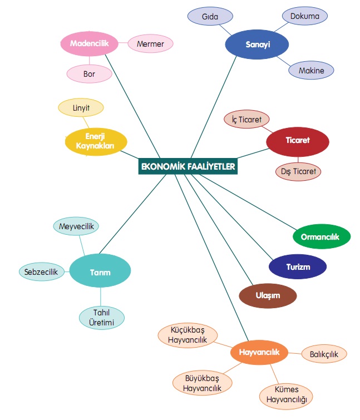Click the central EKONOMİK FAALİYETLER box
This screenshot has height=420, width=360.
coord(188,166)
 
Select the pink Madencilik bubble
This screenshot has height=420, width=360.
coord(89,43)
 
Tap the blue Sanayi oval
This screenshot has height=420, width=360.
coord(257,45)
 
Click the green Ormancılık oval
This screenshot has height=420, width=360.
coord(321,236)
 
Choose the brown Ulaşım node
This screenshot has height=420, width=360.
coord(268,295)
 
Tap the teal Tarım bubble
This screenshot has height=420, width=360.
coord(100,272)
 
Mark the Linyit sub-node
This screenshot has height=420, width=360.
coord(81,107)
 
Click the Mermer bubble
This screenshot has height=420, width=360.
coord(150,43)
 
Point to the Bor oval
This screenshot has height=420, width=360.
coord(89,73)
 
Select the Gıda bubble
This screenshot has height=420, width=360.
coord(210,17)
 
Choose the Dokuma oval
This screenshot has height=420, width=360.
coord(305,17)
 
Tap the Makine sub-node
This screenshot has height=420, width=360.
coord(311,71)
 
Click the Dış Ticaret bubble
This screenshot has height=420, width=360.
coord(299,171)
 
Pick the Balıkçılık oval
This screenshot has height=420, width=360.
coord(324,353)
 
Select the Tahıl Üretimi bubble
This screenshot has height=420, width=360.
coord(101,318)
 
